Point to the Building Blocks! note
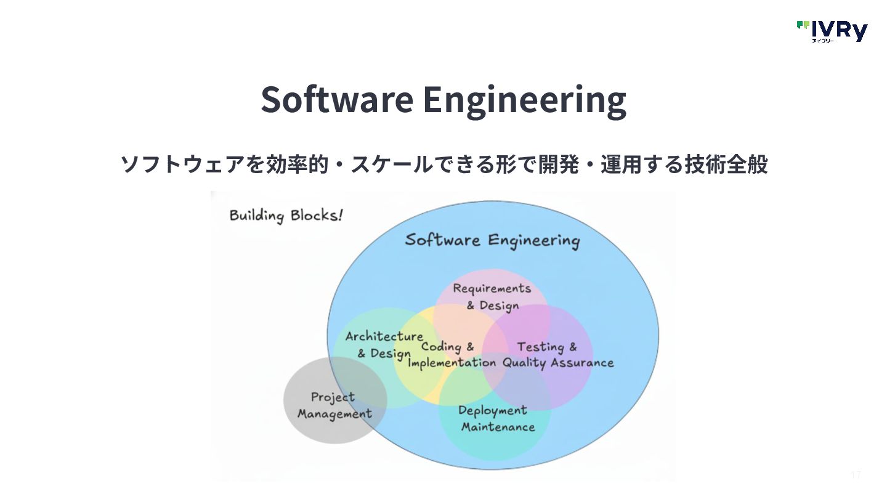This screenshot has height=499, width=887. coord(286,216)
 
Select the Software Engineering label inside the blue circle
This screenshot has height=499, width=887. coord(492,240)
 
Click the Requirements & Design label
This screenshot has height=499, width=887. coord(492,296)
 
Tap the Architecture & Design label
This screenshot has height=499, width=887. coord(384,344)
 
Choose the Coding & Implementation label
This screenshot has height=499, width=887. coord(451,355)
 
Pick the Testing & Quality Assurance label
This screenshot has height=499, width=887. coord(557,355)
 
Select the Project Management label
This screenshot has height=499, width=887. coord(334,405)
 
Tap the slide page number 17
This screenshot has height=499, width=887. coord(855,474)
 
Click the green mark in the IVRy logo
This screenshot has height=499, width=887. coord(803,25)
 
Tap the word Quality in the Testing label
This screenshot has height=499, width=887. coord(524,362)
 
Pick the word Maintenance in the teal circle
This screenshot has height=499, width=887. coord(498,427)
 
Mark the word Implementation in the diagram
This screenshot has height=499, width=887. coord(452,362)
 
